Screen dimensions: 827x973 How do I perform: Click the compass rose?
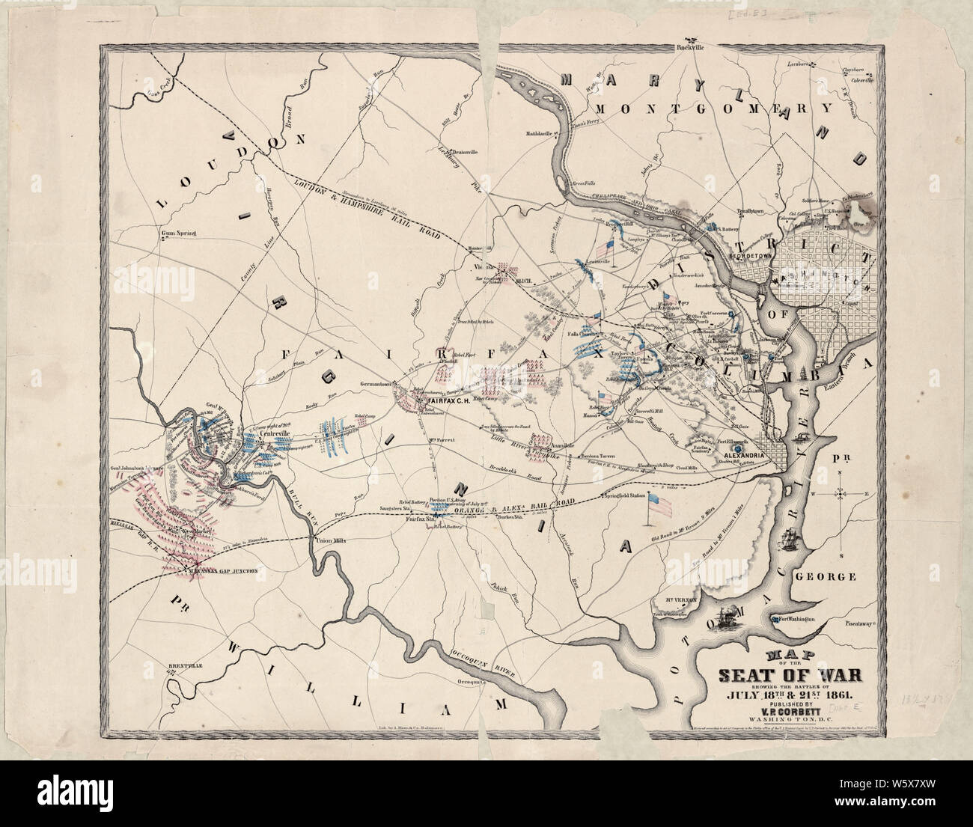pos(841,494)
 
